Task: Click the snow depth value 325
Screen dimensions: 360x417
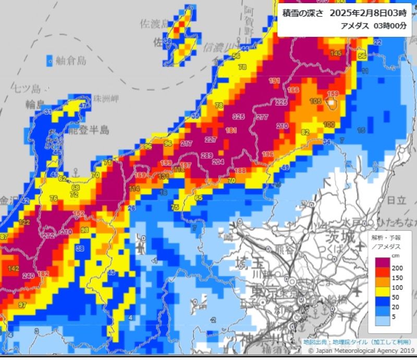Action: click(x=239, y=116)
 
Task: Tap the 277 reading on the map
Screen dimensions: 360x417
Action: click(x=262, y=117)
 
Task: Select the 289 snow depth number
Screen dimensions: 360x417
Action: click(x=206, y=155)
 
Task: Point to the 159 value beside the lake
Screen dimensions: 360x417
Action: click(x=333, y=94)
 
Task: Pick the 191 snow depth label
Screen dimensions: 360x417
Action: click(x=274, y=80)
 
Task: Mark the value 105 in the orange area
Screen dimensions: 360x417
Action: click(x=315, y=101)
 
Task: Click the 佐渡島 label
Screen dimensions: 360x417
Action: click(x=155, y=23)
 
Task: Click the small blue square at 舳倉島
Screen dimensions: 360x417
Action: click(x=50, y=60)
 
